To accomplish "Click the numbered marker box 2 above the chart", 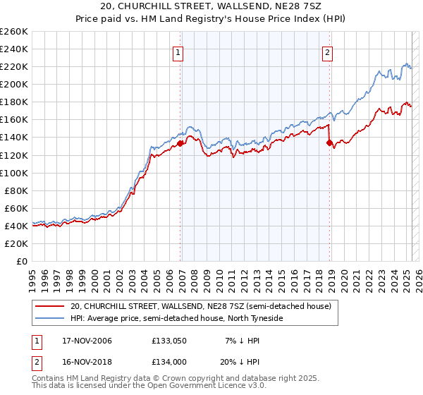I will tap(328, 52).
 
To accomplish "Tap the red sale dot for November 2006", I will tap(180, 143).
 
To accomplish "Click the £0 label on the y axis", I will tap(22, 261).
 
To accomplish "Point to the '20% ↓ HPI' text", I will tap(238, 361).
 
